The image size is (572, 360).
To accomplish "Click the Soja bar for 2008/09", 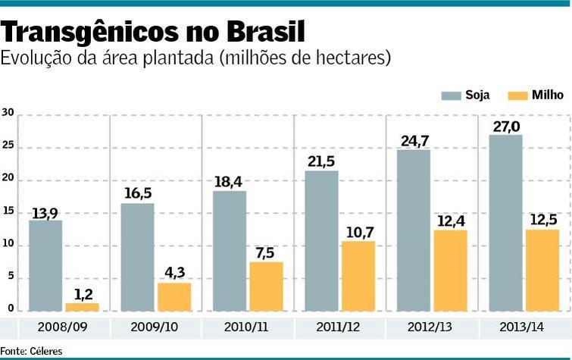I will tap(45, 265).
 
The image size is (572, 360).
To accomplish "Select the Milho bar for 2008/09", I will tap(82, 307).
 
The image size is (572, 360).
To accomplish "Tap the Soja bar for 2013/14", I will tap(505, 223).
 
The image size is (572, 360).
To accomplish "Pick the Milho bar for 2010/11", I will tap(266, 286).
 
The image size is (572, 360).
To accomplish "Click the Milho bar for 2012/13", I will tap(450, 270).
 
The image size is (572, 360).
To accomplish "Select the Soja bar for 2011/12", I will tap(321, 241).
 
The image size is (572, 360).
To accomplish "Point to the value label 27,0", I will tap(506, 126).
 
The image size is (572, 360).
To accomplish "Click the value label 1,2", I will tap(83, 294).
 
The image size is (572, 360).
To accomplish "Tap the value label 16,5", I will tap(137, 194).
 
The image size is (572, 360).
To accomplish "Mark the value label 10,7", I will tap(358, 232).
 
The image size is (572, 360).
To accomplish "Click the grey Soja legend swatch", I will tap(452, 95).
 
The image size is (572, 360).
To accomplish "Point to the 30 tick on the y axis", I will tap(8, 113).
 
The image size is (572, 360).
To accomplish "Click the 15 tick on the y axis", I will tap(8, 211).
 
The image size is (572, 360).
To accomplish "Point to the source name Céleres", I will tap(47, 351).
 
